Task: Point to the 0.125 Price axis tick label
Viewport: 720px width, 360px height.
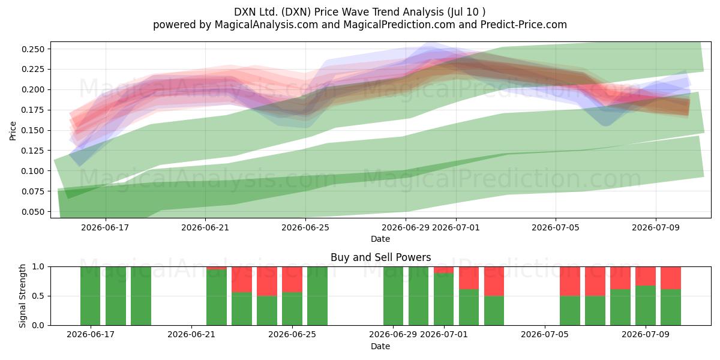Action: coord(33,151)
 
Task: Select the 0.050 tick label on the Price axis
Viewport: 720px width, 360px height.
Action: coord(33,211)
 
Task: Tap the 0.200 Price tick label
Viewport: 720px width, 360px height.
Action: coord(33,89)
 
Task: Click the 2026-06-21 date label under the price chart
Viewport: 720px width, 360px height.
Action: coord(205,227)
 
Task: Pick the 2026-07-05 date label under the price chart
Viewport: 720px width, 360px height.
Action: coord(556,227)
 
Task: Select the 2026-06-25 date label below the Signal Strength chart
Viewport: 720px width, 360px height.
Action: coord(292,334)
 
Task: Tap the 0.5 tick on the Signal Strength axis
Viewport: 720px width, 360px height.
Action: coord(38,296)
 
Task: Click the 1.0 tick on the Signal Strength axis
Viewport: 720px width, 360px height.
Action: coord(38,266)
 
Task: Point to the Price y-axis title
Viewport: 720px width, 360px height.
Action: coord(13,131)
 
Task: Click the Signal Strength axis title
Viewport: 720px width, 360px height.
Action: coord(22,296)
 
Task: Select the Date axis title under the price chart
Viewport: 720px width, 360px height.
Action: coord(380,239)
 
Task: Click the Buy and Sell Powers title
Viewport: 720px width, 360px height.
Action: coord(380,257)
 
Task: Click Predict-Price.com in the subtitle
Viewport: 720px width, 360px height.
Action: coord(524,25)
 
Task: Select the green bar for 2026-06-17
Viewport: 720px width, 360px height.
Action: coord(91,296)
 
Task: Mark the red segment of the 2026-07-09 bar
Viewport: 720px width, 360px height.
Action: coord(646,276)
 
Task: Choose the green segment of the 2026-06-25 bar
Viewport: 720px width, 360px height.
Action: coord(292,308)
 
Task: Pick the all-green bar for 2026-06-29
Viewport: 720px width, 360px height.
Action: coord(393,296)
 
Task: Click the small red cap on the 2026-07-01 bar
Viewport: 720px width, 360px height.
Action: coord(443,269)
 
